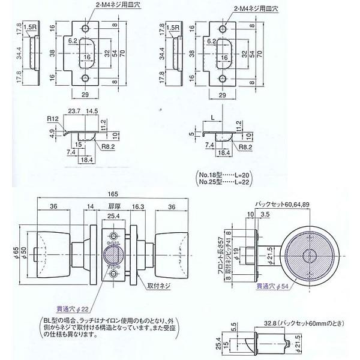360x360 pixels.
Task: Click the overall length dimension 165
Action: click(x=113, y=195)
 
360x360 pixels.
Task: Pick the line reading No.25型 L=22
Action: click(x=227, y=180)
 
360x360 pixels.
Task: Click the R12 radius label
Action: click(x=53, y=119)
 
